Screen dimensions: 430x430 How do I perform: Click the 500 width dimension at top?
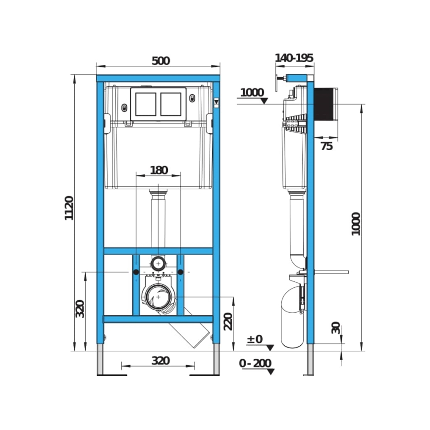161,61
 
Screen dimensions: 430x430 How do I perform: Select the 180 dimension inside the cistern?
159,170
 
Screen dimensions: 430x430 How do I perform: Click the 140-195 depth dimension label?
294,58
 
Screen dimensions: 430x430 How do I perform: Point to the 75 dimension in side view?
326,146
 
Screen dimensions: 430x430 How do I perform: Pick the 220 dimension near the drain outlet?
227,321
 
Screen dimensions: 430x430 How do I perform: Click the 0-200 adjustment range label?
255,364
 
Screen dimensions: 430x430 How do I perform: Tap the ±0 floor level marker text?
255,340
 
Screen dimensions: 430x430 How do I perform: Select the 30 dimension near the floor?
336,328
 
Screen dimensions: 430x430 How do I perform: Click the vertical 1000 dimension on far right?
356,223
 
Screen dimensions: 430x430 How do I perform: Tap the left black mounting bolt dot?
136,272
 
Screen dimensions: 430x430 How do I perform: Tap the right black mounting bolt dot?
181,272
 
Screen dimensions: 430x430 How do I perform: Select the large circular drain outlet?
158,297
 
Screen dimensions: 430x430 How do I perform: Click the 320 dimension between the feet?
160,361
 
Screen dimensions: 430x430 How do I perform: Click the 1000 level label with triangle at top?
252,93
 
